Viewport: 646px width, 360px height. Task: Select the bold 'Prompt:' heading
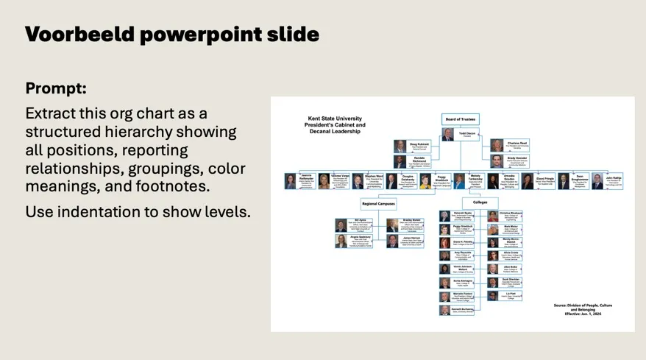click(x=56, y=88)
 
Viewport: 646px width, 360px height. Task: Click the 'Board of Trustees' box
click(x=461, y=119)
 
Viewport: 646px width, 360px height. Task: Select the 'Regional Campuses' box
click(x=380, y=202)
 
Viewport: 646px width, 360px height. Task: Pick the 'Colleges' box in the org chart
click(x=480, y=202)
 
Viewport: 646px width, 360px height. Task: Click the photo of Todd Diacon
click(x=447, y=135)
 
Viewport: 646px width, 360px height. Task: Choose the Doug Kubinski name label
click(x=419, y=144)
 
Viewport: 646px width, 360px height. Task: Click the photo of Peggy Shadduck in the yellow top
click(x=425, y=181)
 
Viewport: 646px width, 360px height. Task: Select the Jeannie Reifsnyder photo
click(x=291, y=181)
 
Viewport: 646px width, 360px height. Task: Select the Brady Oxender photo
click(x=497, y=160)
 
